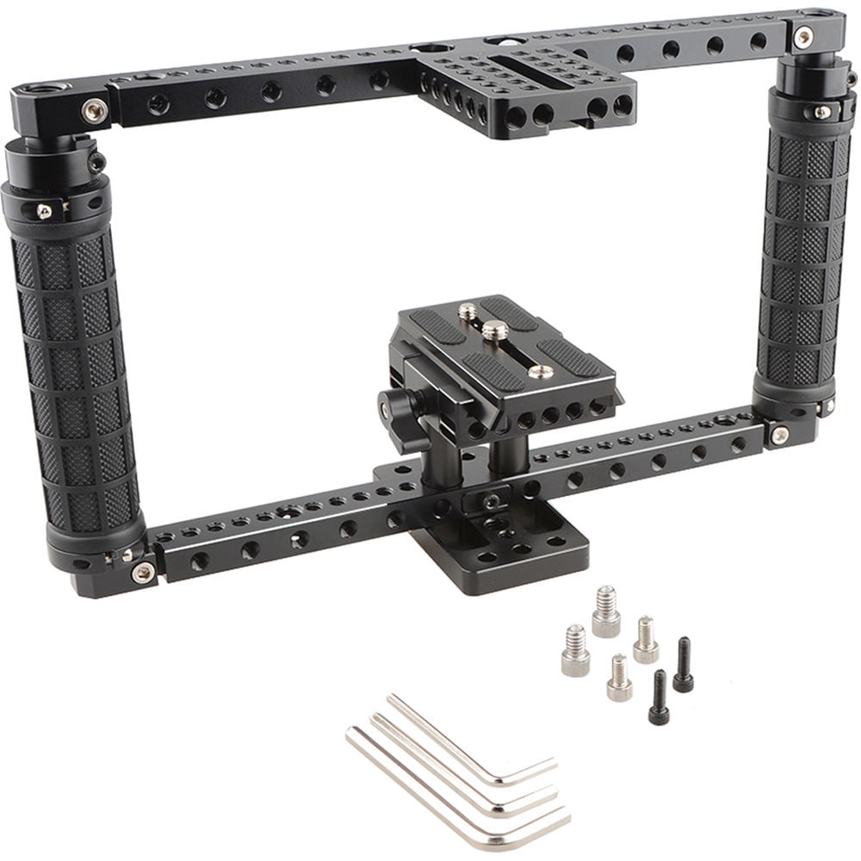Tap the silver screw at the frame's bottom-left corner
coord(142,571)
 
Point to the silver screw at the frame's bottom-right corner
coord(779,435)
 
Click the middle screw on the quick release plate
coord(494,330)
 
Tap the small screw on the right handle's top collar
coord(822,112)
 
